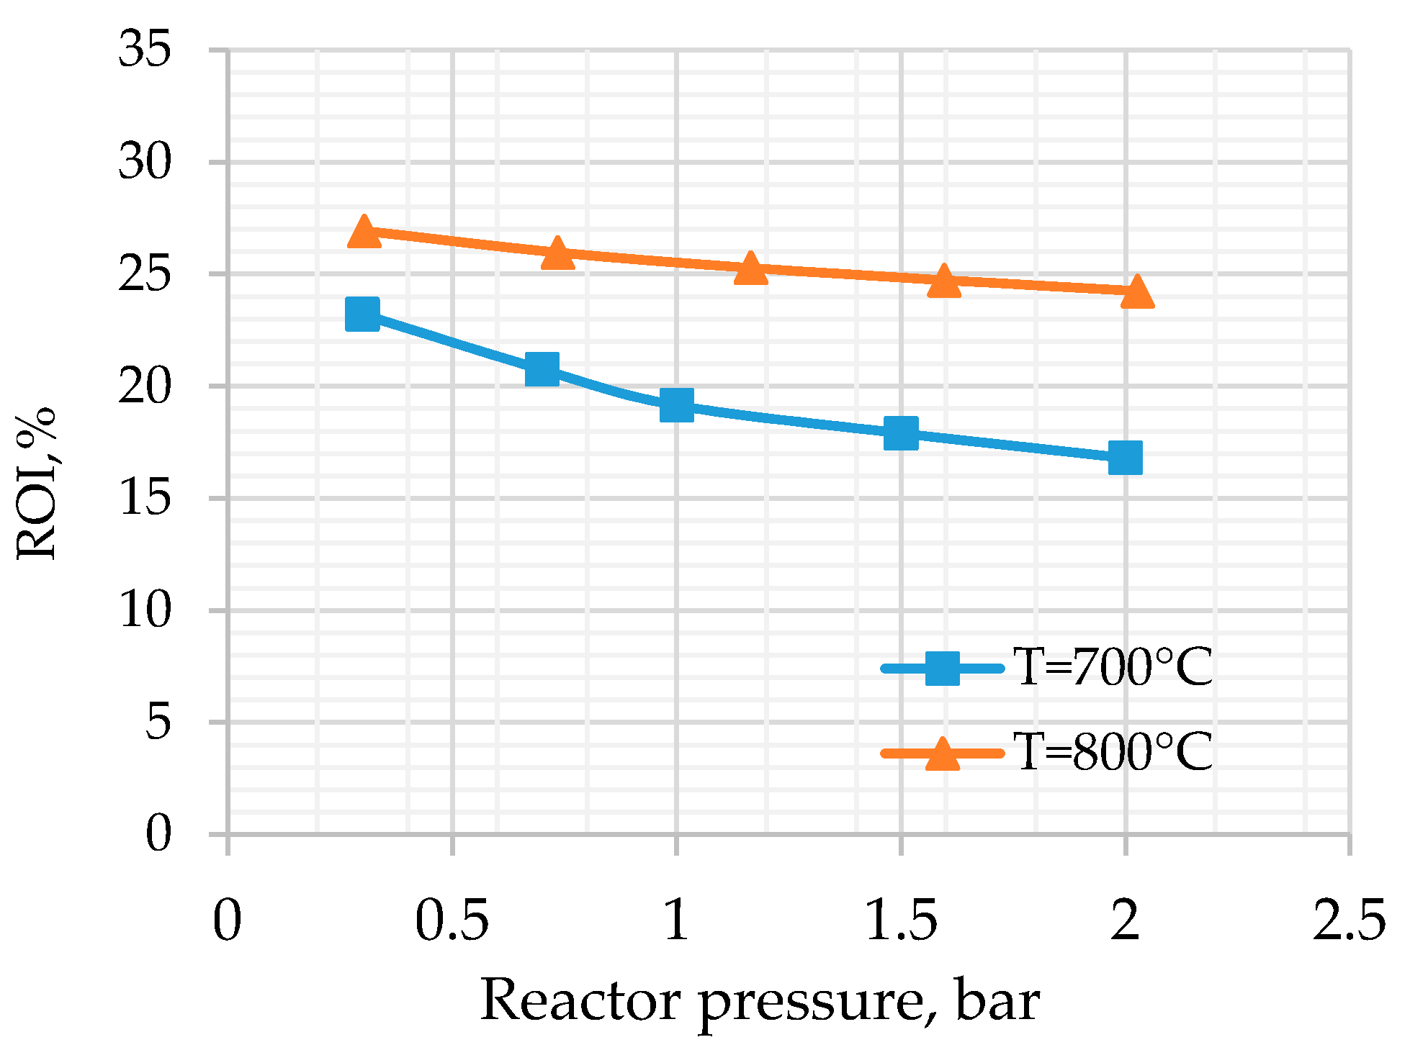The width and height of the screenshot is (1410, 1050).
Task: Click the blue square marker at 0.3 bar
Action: coord(362,314)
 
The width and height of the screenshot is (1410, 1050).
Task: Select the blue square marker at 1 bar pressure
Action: coord(676,405)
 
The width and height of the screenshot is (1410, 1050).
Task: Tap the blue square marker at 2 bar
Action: coord(1125,458)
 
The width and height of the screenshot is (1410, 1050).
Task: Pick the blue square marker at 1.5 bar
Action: coord(900,433)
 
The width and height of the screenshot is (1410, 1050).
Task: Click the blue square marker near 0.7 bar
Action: coord(542,369)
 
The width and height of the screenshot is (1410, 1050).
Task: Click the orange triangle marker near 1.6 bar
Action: coord(944,281)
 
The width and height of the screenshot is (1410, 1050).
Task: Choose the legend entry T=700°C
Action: coord(1113,669)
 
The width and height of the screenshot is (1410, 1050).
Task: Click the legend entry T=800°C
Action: coord(1113,753)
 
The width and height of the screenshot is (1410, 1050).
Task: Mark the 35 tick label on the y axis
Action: coord(145,50)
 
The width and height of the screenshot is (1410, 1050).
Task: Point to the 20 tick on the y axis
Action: coord(145,386)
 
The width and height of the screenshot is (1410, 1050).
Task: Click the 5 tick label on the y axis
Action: coord(158,723)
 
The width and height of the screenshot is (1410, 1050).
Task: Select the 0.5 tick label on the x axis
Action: coord(452,922)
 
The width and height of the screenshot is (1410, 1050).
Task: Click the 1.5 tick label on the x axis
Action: coord(900,922)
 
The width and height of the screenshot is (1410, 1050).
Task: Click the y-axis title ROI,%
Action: coord(36,483)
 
